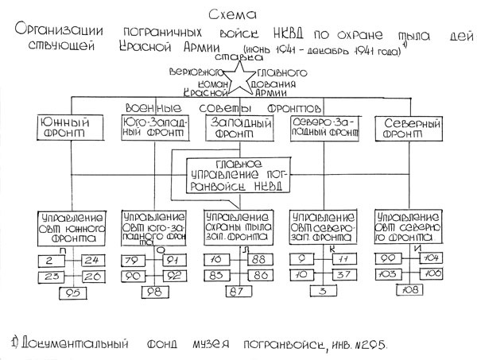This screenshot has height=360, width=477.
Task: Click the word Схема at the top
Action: click(x=239, y=14)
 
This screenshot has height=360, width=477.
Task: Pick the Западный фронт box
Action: click(x=238, y=130)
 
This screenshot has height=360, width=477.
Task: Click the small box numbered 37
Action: click(x=342, y=275)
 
